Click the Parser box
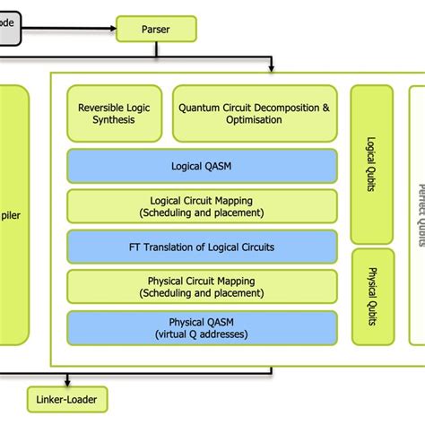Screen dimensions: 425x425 tap(156, 29)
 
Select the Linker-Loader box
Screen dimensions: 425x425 tap(67, 397)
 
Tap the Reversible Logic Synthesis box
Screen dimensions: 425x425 tap(114, 114)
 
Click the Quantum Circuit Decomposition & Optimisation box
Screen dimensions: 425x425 tap(255, 114)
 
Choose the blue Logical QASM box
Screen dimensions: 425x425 tap(202, 166)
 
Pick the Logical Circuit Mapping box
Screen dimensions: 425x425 tap(202, 206)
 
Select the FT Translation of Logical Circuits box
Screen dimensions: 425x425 tap(202, 247)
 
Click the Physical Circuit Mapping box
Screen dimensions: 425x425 tap(202, 287)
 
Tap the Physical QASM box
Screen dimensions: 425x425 tap(202, 327)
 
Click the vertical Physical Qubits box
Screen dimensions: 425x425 tap(371, 297)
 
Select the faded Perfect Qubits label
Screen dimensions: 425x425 tap(418, 215)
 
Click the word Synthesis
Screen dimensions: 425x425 tap(114, 120)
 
